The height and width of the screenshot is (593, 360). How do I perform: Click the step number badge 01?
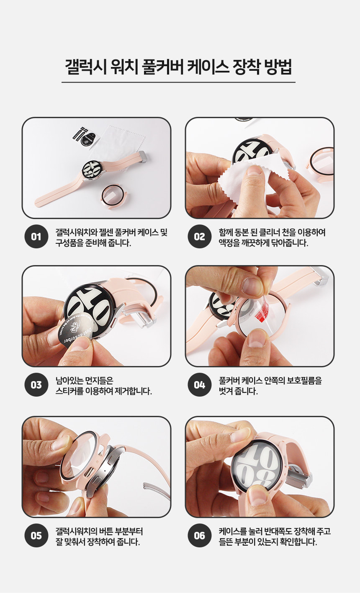tap(36, 237)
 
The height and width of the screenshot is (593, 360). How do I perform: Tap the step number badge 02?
tap(200, 237)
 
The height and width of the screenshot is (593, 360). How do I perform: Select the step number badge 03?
tap(36, 385)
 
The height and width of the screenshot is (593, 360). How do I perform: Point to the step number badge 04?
tap(200, 385)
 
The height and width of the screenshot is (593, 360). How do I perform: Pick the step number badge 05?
tap(36, 536)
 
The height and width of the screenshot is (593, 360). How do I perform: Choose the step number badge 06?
tap(200, 536)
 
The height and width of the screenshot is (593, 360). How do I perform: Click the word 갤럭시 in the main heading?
tap(86, 67)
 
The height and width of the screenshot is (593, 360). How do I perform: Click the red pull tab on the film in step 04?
tap(262, 313)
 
